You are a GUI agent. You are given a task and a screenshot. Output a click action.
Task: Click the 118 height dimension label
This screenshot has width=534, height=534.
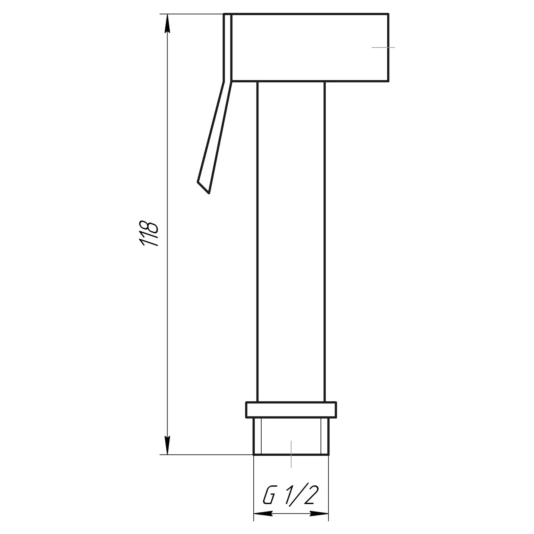coord(149,233)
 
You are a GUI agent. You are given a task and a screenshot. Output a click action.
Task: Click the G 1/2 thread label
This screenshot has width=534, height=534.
coord(291,496)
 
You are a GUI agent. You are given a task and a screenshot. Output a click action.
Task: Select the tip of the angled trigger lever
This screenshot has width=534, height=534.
coord(209,193)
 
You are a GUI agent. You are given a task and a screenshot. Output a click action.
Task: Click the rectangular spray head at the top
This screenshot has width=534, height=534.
coord(310,47)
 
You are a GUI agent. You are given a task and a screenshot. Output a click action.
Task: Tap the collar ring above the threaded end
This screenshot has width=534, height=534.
coord(291,410)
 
